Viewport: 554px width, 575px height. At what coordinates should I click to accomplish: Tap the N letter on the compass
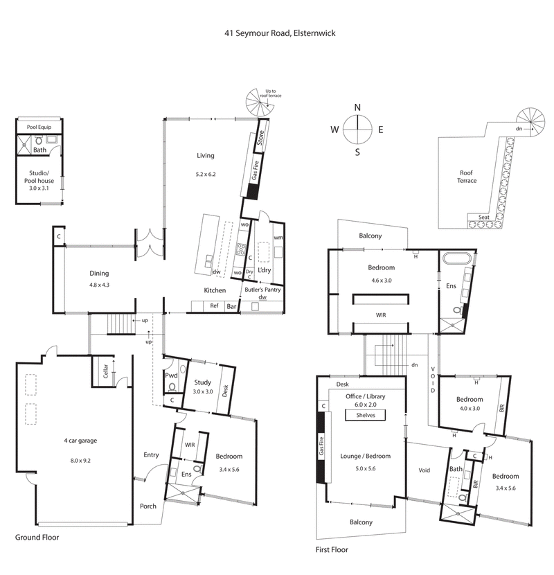click(357, 107)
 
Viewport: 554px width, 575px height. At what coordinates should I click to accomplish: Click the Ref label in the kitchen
click(214, 305)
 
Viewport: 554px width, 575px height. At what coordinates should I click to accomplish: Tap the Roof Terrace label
click(469, 177)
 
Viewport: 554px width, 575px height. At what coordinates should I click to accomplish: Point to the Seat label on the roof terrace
click(482, 217)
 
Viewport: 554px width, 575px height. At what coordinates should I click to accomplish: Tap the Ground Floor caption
click(37, 537)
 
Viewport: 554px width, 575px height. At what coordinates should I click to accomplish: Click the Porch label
click(148, 506)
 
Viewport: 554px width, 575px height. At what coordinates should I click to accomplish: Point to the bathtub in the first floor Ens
click(458, 260)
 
